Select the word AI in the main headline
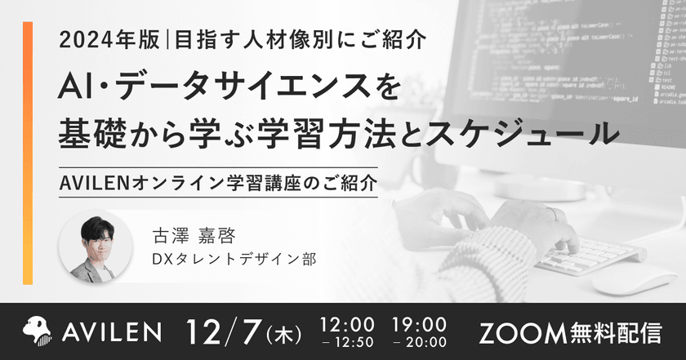point(74,87)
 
